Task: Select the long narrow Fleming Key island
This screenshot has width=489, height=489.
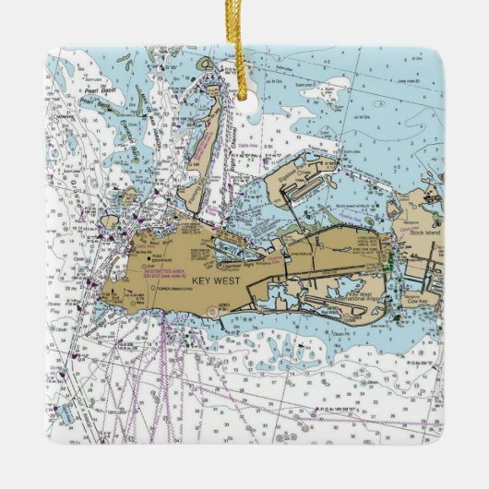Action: point(202,148)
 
